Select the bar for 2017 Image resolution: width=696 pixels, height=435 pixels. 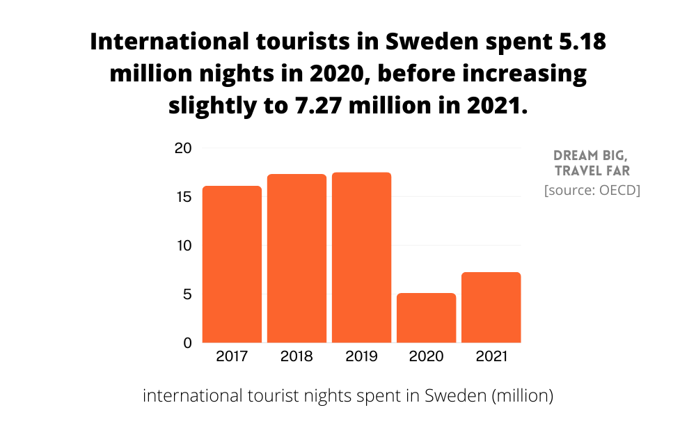point(232,264)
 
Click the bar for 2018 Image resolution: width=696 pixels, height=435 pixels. point(296,258)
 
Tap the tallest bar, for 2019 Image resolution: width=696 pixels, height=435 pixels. point(361,258)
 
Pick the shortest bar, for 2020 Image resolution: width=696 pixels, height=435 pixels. point(426,318)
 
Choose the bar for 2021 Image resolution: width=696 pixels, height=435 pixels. point(491,308)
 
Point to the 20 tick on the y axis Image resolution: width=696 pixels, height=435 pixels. point(182,148)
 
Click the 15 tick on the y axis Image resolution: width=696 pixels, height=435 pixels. point(182,197)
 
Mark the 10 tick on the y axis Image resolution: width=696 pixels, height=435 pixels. point(182,246)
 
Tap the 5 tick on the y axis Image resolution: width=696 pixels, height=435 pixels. point(187,294)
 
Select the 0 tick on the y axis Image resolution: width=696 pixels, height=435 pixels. point(187,343)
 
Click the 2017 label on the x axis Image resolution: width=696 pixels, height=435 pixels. point(232,357)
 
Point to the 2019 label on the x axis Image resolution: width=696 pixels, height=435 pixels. point(361,357)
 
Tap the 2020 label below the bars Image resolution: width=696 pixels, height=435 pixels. point(426,357)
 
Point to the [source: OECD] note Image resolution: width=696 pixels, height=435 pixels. point(592,190)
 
